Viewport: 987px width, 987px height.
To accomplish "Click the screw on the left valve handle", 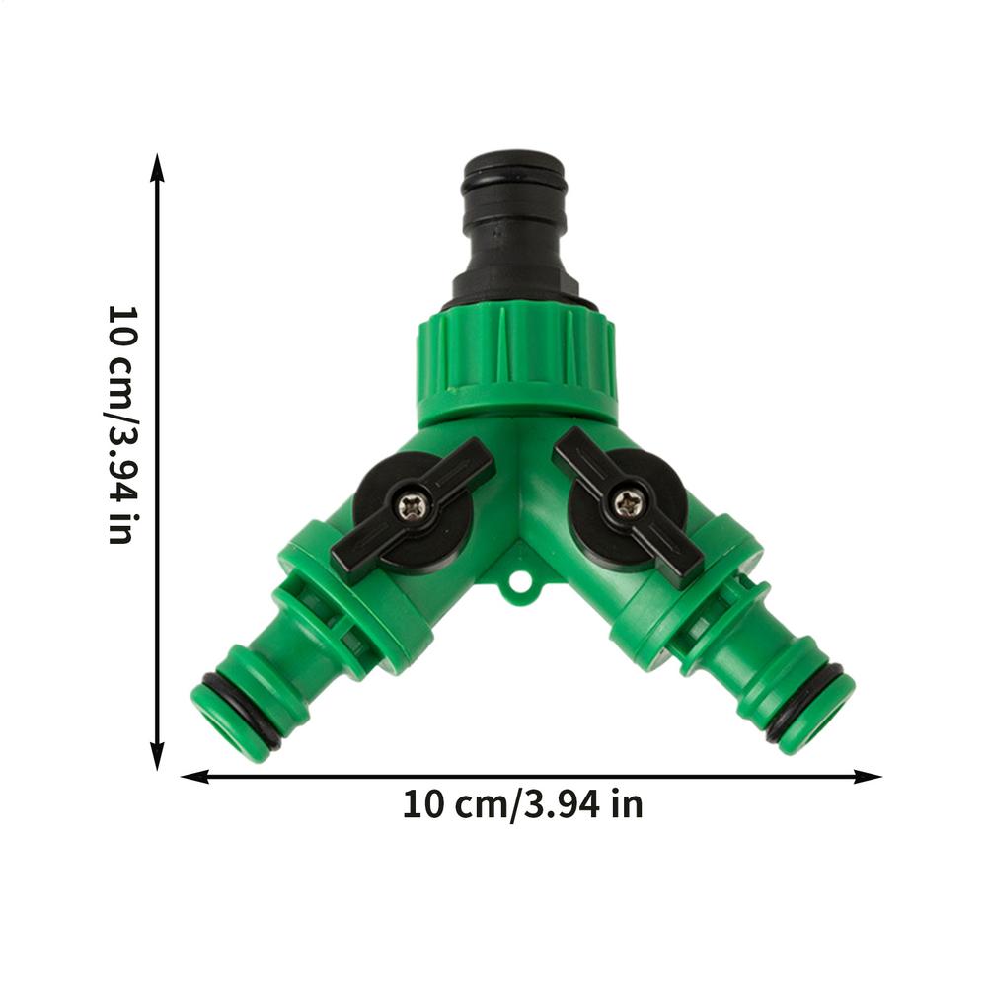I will click(414, 507).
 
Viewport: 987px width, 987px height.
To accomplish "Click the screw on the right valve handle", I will click(628, 503).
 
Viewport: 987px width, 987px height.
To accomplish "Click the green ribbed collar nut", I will click(515, 360).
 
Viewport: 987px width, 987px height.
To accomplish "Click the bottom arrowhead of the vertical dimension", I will click(157, 760).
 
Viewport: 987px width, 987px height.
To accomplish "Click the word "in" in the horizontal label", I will click(626, 805).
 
